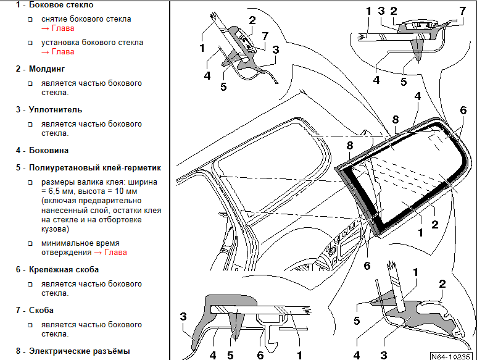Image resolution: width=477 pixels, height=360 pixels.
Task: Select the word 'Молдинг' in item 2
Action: [47, 69]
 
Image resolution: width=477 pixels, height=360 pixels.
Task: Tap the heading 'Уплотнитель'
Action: [55, 109]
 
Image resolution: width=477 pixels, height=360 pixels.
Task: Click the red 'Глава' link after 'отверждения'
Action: [117, 253]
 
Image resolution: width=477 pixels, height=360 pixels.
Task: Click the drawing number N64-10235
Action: [452, 355]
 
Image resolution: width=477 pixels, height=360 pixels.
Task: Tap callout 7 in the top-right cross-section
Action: [462, 10]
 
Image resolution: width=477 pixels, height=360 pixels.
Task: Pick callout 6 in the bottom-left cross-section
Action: [260, 355]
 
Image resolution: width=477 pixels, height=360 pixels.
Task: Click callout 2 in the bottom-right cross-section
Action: [442, 284]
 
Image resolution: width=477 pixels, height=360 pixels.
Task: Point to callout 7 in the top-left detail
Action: [264, 36]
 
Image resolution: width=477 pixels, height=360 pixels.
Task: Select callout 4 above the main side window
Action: [418, 96]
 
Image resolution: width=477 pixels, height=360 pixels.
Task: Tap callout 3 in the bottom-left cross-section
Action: [183, 317]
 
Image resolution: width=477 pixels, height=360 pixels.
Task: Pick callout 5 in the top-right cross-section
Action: [404, 80]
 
